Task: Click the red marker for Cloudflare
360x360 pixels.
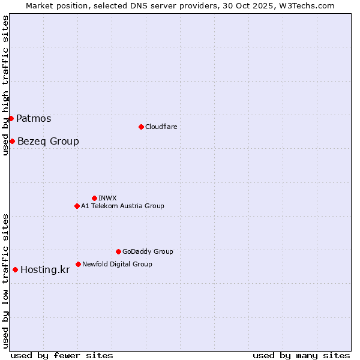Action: pyautogui.click(x=141, y=127)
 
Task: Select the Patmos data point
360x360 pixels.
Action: pyautogui.click(x=11, y=118)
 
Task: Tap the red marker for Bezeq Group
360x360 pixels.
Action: pyautogui.click(x=12, y=141)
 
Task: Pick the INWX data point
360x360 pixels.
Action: pyautogui.click(x=94, y=198)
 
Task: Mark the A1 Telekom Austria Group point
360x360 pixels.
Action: pyautogui.click(x=77, y=206)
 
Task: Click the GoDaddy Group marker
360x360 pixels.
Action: pyautogui.click(x=118, y=251)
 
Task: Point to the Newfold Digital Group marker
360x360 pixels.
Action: pyautogui.click(x=78, y=264)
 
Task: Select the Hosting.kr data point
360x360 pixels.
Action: pyautogui.click(x=15, y=269)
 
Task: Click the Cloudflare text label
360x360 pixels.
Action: pyautogui.click(x=161, y=127)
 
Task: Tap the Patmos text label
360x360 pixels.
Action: pyautogui.click(x=34, y=118)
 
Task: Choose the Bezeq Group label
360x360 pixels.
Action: pyautogui.click(x=48, y=141)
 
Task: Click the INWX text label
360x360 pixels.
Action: pyautogui.click(x=107, y=198)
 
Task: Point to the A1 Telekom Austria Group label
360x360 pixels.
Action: pyautogui.click(x=122, y=206)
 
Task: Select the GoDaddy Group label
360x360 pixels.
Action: pyautogui.click(x=148, y=251)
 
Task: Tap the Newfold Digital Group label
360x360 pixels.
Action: pyautogui.click(x=117, y=264)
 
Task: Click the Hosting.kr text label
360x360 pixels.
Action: pyautogui.click(x=45, y=269)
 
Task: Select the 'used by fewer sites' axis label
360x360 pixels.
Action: pyautogui.click(x=62, y=355)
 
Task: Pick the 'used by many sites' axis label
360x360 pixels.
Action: pyautogui.click(x=301, y=355)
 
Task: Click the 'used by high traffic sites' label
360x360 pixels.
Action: pyautogui.click(x=5, y=86)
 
